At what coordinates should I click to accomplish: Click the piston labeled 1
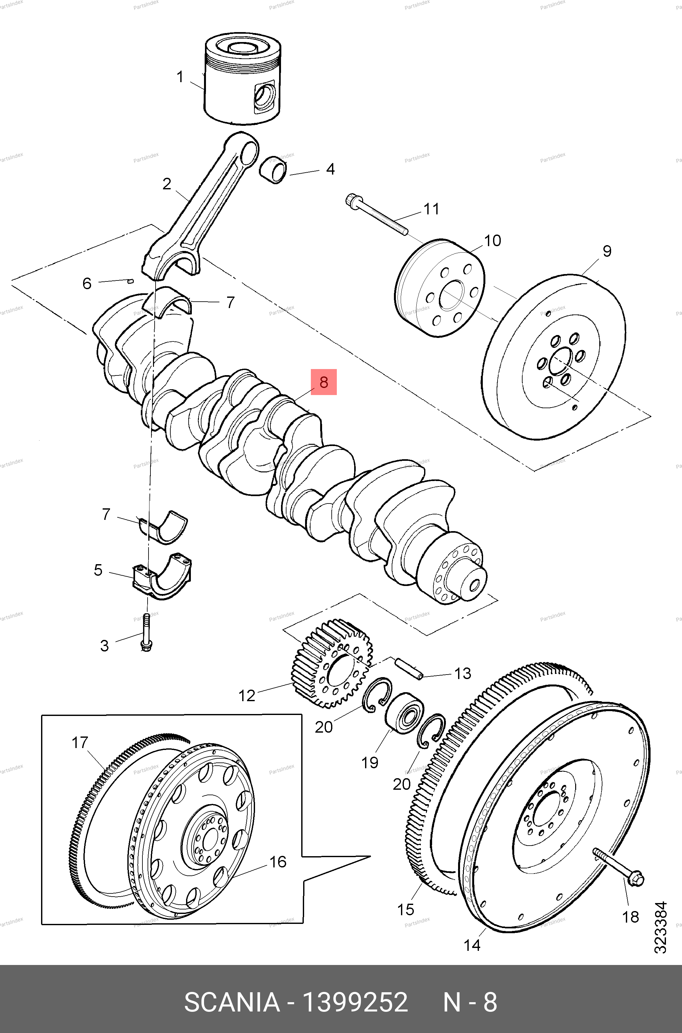tap(242, 81)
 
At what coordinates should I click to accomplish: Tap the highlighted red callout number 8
tap(324, 382)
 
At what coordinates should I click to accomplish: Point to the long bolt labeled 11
tap(377, 215)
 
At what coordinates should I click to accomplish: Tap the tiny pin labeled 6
tap(130, 281)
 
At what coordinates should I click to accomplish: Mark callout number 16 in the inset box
tap(277, 862)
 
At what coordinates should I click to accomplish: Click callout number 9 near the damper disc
tap(607, 251)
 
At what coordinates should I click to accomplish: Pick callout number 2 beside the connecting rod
tap(166, 184)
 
